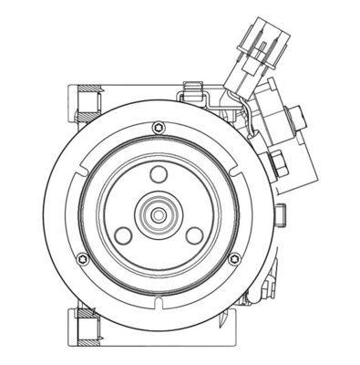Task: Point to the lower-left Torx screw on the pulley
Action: click(83, 258)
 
